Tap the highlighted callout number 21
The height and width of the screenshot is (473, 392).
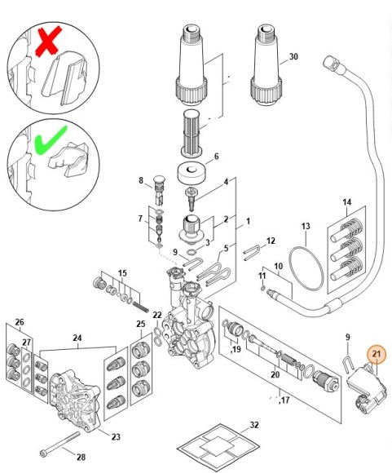(x=377, y=354)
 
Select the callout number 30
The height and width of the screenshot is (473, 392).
(x=293, y=57)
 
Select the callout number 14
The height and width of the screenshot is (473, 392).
(x=346, y=201)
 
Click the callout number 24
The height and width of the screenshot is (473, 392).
(x=77, y=337)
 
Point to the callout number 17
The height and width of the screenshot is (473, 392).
(x=285, y=400)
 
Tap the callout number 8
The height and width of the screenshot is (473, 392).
(x=140, y=181)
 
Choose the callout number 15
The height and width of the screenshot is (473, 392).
(x=122, y=272)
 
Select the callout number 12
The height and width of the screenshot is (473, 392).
(x=271, y=241)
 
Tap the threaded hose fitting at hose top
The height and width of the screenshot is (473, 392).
(x=330, y=62)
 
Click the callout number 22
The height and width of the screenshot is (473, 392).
(x=156, y=315)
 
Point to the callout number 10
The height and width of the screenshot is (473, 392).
(x=277, y=266)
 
